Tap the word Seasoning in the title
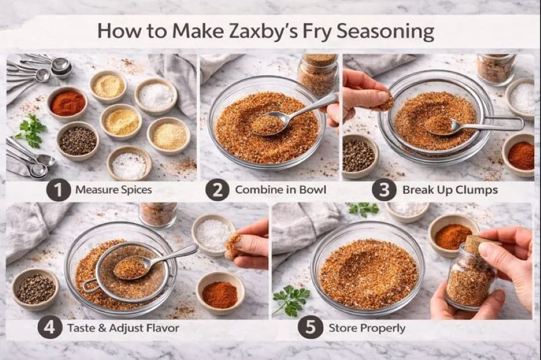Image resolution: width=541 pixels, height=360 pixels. click(385, 31)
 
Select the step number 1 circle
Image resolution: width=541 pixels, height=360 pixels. click(58, 190)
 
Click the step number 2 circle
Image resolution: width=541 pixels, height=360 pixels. click(217, 190)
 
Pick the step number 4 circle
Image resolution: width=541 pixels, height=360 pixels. click(50, 328)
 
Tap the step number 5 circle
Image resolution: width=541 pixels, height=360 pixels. click(310, 328)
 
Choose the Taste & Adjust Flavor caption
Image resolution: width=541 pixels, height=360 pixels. click(123, 328)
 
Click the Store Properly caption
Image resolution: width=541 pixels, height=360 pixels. click(367, 328)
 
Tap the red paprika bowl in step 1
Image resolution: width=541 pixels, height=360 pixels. click(67, 103)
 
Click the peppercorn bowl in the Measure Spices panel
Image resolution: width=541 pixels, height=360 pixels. click(78, 141)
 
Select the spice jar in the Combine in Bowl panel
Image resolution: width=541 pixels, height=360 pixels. click(318, 73)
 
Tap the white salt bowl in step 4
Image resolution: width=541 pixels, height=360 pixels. click(213, 234)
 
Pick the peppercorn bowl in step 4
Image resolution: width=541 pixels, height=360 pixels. click(35, 289)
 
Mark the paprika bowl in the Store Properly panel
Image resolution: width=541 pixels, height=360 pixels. click(453, 235)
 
